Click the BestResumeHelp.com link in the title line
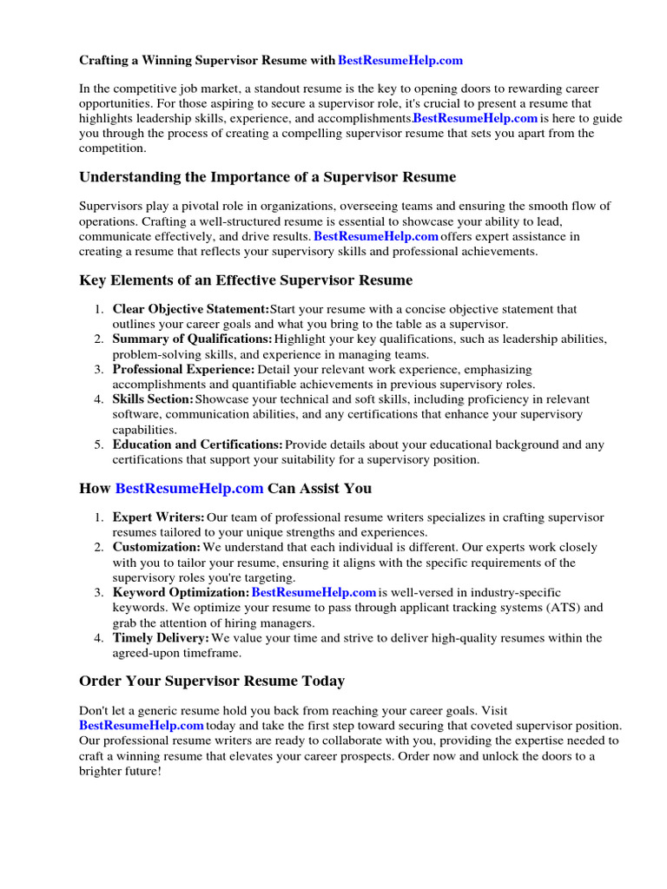pyautogui.click(x=400, y=60)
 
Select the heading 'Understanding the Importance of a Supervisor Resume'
pyautogui.click(x=267, y=177)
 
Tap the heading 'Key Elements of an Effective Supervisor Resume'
pyautogui.click(x=246, y=280)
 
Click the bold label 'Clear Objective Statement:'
pyautogui.click(x=191, y=309)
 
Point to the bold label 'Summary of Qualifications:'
pyautogui.click(x=192, y=339)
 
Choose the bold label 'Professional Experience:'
pyautogui.click(x=183, y=370)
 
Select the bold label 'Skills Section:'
pyautogui.click(x=153, y=399)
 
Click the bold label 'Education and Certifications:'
pyautogui.click(x=197, y=444)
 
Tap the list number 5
pyautogui.click(x=98, y=444)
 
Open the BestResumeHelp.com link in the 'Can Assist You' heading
pyautogui.click(x=189, y=489)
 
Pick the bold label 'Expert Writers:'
pyautogui.click(x=159, y=517)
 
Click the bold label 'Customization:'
pyautogui.click(x=156, y=548)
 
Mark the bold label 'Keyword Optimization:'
pyautogui.click(x=181, y=592)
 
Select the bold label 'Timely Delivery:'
pyautogui.click(x=161, y=638)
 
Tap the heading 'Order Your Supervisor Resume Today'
pyautogui.click(x=212, y=681)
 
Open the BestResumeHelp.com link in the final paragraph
pyautogui.click(x=142, y=725)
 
